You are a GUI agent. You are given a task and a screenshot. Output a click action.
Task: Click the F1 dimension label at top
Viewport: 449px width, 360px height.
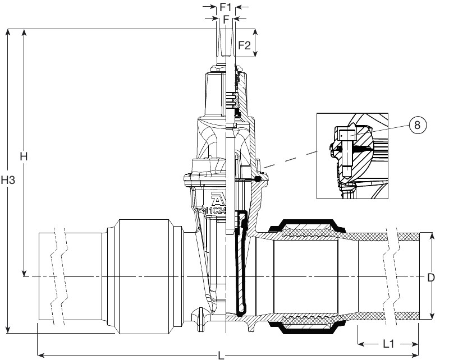226,7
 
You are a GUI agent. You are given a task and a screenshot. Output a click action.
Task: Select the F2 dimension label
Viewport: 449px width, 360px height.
244,45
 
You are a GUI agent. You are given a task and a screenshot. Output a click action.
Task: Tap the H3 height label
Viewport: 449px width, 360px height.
8,180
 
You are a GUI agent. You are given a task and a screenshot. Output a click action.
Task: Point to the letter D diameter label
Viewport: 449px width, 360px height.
431,278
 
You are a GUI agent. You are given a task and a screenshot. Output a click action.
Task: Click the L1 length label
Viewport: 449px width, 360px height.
388,344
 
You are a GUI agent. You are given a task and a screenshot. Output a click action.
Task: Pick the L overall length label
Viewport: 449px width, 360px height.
221,356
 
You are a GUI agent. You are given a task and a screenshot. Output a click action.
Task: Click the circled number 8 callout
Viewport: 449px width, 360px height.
417,125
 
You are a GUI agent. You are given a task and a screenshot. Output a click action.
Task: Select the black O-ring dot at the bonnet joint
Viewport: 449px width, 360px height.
258,179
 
